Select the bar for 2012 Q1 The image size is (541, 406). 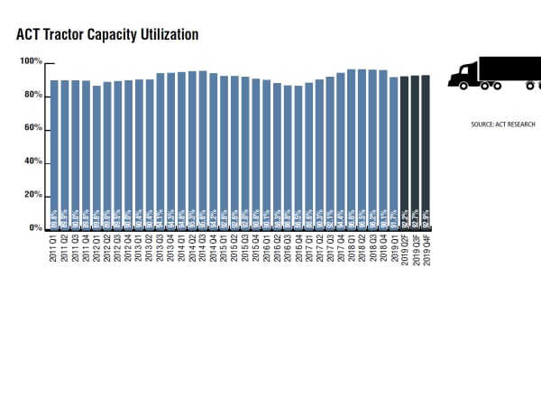click(x=96, y=157)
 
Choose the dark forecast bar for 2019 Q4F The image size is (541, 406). click(x=426, y=152)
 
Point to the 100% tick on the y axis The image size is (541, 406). click(x=31, y=61)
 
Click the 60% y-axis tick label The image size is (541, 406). click(x=32, y=128)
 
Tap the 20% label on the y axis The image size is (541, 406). click(x=32, y=195)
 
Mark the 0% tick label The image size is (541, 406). click(x=34, y=228)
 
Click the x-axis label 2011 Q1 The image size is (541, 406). click(x=54, y=248)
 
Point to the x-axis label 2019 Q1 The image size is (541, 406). click(x=394, y=248)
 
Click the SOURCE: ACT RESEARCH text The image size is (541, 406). click(x=502, y=125)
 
